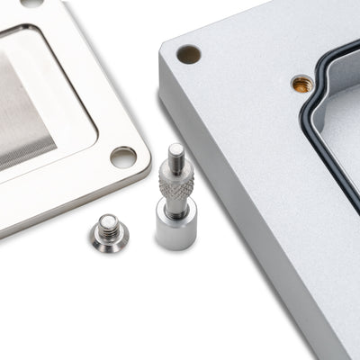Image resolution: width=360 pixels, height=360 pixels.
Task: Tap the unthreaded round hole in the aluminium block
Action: (189, 54)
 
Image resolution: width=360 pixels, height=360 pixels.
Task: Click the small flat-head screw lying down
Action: (109, 233)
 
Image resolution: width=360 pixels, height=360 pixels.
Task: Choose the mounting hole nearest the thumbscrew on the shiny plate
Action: (123, 157)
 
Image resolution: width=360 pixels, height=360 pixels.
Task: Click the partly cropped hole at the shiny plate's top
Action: (32, 3)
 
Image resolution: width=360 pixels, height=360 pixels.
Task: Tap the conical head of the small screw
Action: (110, 239)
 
